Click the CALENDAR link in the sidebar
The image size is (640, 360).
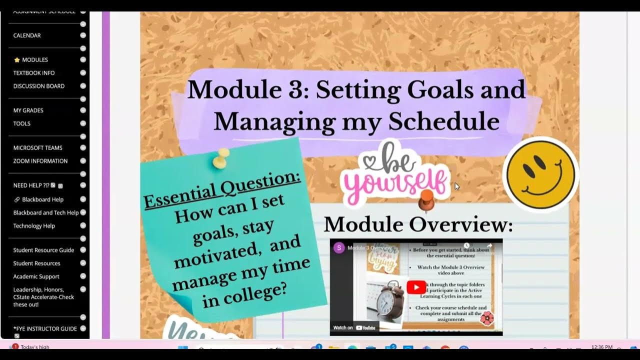click(27, 35)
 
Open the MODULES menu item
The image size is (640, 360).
click(34, 60)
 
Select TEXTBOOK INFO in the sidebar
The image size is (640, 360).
click(33, 73)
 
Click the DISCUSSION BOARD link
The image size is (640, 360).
click(38, 86)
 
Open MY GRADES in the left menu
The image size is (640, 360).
click(28, 110)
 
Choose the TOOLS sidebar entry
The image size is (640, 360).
click(21, 123)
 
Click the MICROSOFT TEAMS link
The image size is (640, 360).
click(37, 148)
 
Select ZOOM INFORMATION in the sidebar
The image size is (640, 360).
click(40, 161)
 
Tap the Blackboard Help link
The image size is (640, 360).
click(42, 199)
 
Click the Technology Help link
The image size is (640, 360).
click(34, 226)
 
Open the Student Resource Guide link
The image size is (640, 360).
click(43, 250)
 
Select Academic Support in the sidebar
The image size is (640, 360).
click(36, 276)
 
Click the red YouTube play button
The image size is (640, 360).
click(416, 287)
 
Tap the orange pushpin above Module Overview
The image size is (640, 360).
click(425, 199)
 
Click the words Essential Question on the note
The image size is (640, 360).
click(222, 189)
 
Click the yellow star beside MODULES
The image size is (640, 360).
click(17, 60)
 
